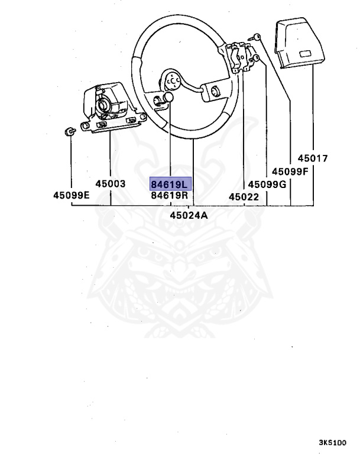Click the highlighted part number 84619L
coord(170,184)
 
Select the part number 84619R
coord(170,195)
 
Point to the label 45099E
coord(71,195)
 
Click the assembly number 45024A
coord(189,215)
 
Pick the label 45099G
coord(267,184)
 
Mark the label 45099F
coord(290,171)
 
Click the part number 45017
coord(313,158)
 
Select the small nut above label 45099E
coord(69,131)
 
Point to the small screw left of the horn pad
coord(258,37)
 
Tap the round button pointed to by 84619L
coord(168,98)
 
